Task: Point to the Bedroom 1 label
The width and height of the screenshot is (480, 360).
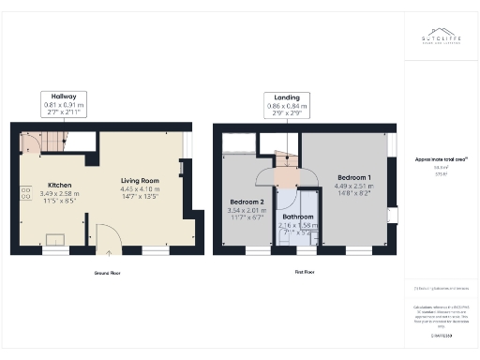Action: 353,177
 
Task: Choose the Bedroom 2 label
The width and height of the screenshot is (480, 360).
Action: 247,202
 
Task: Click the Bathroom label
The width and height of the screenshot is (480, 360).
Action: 299,217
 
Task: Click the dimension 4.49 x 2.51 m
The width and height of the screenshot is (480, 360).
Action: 353,186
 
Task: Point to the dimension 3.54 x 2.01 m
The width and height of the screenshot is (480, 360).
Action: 247,210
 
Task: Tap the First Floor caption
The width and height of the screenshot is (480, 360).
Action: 304,273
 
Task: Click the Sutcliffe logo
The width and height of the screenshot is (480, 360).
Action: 440,38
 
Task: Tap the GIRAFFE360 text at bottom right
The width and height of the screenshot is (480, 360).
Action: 439,335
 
